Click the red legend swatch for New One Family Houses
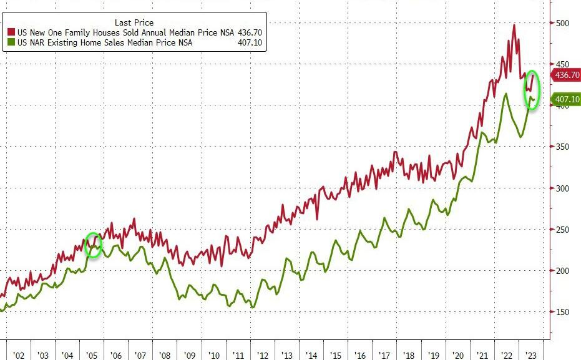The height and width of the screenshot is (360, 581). (x=11, y=32)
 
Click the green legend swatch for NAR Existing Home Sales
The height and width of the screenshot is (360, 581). (x=11, y=42)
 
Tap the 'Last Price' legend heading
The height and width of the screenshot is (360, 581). (x=134, y=22)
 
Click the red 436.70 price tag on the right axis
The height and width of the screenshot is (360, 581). (x=567, y=75)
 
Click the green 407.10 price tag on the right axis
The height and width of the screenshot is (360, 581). (x=567, y=99)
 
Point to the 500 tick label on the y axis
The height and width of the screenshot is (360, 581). (x=564, y=23)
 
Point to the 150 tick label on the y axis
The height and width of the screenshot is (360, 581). (x=564, y=312)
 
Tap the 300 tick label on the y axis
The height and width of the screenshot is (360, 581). (x=564, y=188)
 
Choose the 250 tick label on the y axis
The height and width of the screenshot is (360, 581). (x=564, y=230)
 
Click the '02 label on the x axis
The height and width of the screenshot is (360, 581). (x=18, y=355)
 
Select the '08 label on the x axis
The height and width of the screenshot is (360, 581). (x=165, y=355)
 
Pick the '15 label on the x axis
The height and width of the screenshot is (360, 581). (x=336, y=355)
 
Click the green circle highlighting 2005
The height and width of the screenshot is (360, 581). (x=93, y=246)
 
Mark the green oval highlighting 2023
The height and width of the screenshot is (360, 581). (x=532, y=90)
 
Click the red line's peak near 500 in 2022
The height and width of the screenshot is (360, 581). (x=514, y=25)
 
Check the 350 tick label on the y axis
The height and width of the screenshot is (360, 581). (x=564, y=147)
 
